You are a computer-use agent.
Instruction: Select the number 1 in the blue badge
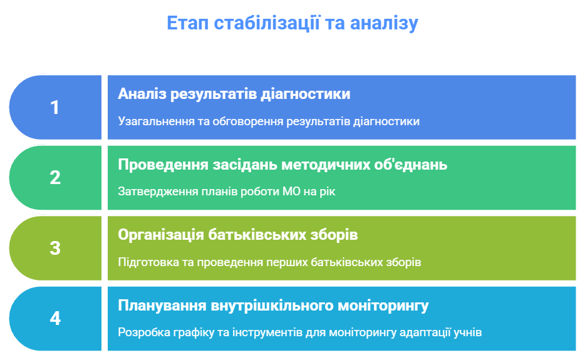tap(54, 108)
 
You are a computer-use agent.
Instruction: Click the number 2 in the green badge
tap(55, 178)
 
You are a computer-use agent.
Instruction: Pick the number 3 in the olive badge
tap(55, 248)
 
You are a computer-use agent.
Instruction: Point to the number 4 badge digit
tap(55, 318)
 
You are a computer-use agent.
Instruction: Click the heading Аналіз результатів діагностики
tap(234, 95)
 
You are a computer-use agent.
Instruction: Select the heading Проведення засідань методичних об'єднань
tap(282, 165)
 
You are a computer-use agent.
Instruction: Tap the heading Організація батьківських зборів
tap(237, 235)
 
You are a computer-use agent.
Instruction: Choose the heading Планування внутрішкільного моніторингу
tap(273, 306)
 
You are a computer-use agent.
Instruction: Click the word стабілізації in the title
tap(267, 24)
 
